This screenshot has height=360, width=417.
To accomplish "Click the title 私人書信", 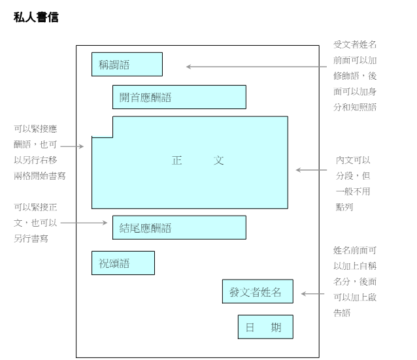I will point(36,18).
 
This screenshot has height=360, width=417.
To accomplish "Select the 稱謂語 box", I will point(127,64).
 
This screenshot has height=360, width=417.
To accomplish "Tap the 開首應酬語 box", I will point(179,97).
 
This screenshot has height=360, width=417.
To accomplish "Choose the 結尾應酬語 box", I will point(179,227).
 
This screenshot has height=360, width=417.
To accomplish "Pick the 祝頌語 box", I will point(123,263).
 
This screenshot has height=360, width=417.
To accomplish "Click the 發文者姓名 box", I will point(257,291).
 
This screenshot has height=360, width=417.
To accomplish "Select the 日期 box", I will point(265,327).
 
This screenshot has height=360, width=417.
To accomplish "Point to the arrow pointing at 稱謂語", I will point(255,66).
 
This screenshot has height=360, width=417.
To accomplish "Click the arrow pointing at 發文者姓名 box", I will point(312,294).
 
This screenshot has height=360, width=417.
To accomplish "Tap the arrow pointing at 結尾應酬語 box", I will point(84,223).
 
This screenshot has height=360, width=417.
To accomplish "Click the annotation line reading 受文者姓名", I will point(355,44).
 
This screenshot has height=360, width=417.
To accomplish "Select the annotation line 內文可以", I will point(353,160).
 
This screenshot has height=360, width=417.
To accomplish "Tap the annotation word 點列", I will point(344,206).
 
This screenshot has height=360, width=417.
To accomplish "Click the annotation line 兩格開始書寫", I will point(40,176).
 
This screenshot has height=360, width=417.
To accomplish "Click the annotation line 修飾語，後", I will point(355,76).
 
